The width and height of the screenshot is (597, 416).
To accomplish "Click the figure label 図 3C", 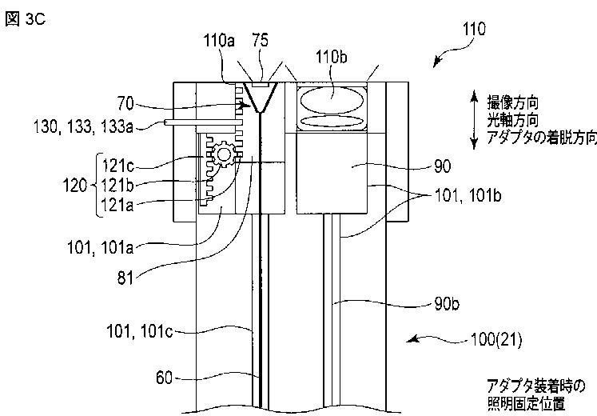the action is pos(25,19).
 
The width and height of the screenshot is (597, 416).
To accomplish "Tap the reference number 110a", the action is pos(219,40).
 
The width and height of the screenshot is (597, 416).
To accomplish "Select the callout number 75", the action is pos(261,40).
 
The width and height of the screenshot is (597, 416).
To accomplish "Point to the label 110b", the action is pos(331,57).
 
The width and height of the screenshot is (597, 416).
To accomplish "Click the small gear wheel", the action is pos(224,154).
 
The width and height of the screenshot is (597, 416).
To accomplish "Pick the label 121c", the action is pos(118,166).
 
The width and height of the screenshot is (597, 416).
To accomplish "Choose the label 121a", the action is pos(118,205).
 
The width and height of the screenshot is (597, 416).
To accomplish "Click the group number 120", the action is pos(75,186).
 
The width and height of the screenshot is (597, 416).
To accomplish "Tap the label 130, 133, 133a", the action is pos(84,126).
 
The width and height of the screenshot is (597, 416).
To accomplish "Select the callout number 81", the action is pos(125,278).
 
